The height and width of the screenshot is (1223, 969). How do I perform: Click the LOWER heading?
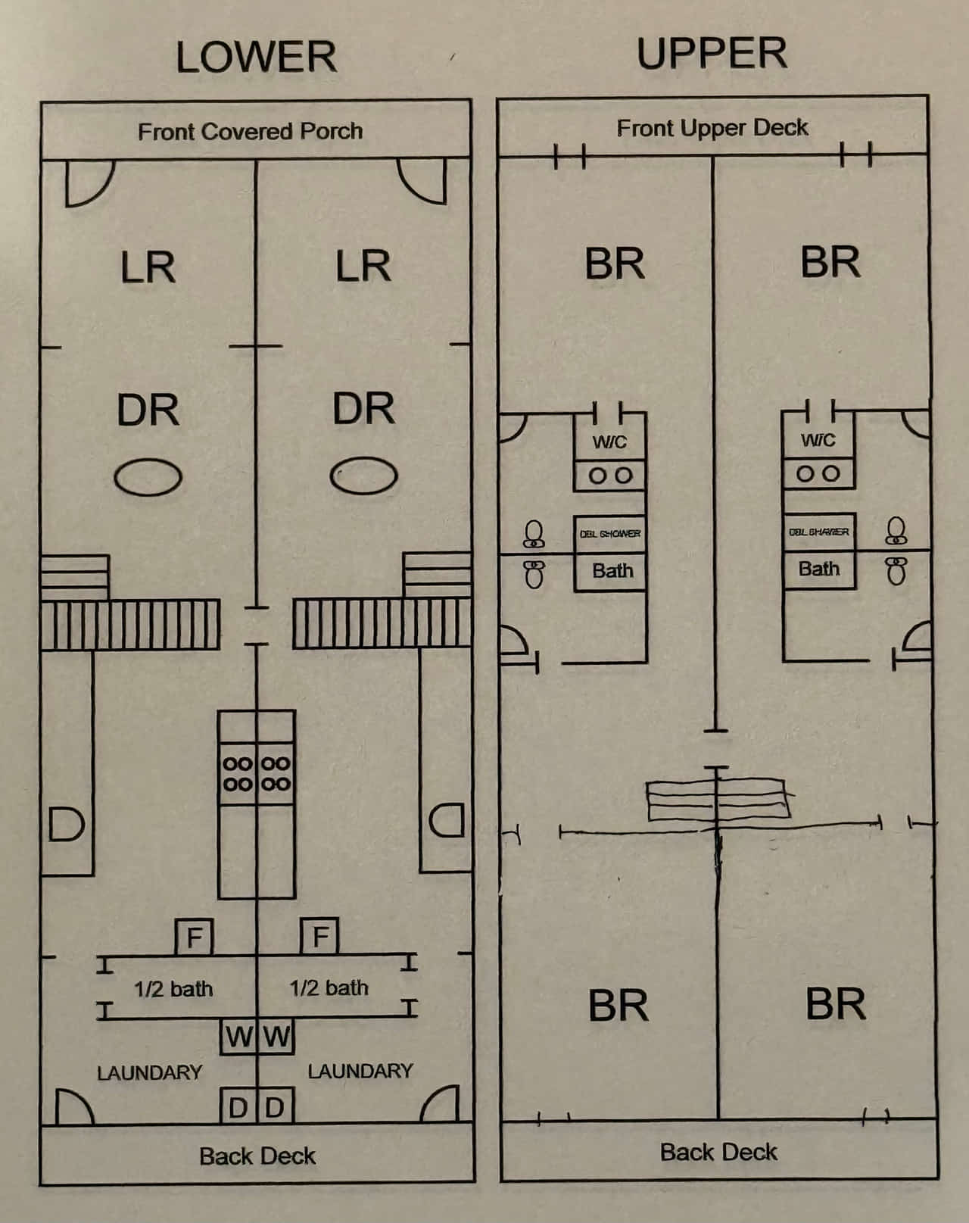click(256, 58)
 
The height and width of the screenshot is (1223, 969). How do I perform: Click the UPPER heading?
click(712, 53)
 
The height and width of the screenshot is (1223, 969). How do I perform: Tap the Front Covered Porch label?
click(250, 132)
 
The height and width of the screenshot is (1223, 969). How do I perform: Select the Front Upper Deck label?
click(712, 128)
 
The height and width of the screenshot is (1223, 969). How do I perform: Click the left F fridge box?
click(194, 937)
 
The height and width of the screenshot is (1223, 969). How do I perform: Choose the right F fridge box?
click(319, 936)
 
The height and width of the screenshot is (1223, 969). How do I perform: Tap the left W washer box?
click(238, 1036)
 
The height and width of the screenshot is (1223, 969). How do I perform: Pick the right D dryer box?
click(276, 1107)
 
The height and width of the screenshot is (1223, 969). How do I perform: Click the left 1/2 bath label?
click(173, 989)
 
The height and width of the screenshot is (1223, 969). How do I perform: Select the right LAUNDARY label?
click(360, 1071)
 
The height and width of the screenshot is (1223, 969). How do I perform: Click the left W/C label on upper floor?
click(609, 441)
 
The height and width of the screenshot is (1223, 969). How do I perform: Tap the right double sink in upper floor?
click(818, 474)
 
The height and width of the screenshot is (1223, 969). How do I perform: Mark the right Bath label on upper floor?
click(818, 569)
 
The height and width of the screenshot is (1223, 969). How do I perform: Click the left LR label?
click(148, 267)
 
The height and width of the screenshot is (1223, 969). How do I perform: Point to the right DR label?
click(363, 409)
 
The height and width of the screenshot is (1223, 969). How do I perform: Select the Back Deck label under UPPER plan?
click(718, 1152)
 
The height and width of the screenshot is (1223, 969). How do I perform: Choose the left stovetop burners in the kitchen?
click(238, 773)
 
